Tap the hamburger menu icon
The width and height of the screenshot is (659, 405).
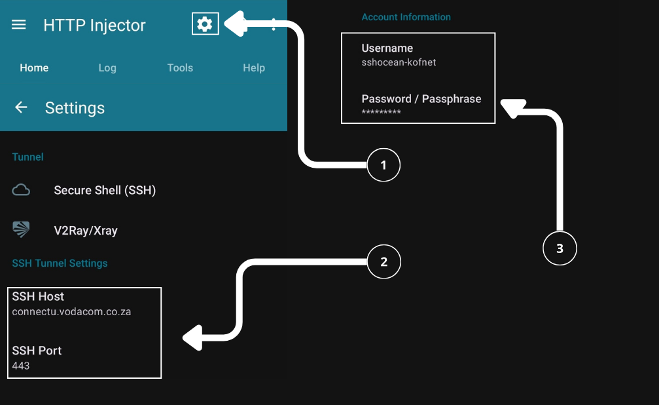[x=19, y=25]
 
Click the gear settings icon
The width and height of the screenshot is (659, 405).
[x=205, y=24]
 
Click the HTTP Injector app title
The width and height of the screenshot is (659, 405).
[x=94, y=26]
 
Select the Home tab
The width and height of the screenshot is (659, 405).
[x=34, y=67]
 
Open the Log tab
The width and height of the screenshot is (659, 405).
[x=107, y=67]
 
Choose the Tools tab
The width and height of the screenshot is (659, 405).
[x=180, y=67]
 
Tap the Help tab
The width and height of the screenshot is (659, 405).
[x=254, y=67]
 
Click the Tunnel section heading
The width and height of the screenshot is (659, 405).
[x=28, y=157]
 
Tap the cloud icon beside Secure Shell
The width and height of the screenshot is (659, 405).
[x=22, y=191]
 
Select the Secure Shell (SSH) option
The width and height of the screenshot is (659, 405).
[x=105, y=191]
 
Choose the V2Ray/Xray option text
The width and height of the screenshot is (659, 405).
[x=86, y=231]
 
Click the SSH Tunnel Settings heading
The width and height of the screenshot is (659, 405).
[x=60, y=263]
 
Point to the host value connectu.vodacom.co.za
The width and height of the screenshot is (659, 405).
[x=71, y=312]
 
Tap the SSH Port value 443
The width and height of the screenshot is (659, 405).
[x=21, y=366]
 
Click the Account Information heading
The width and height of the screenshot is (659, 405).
[x=406, y=17]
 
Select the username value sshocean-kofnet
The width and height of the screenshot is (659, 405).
[x=399, y=63]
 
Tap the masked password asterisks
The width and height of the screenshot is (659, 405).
[x=381, y=113]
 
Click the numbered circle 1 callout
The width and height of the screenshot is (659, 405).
[x=383, y=166]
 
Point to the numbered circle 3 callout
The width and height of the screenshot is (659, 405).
[x=560, y=249]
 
